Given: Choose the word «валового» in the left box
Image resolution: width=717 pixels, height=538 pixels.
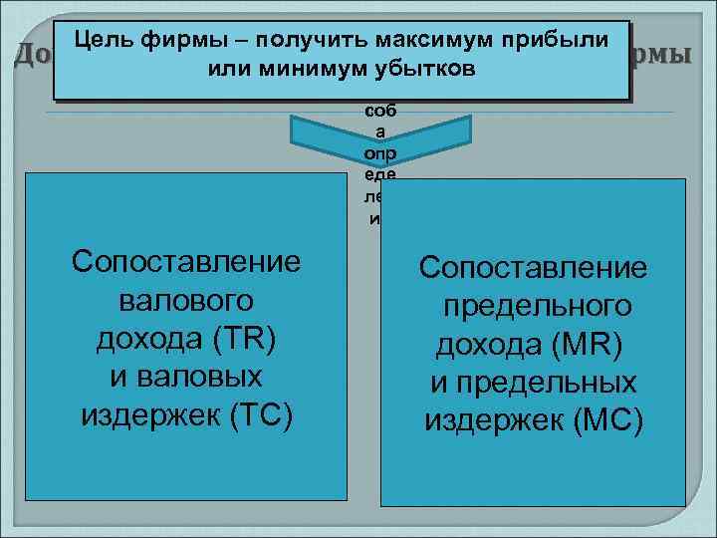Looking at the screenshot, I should click(186, 300).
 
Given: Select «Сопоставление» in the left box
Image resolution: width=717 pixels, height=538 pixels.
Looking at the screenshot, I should click(186, 262).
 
